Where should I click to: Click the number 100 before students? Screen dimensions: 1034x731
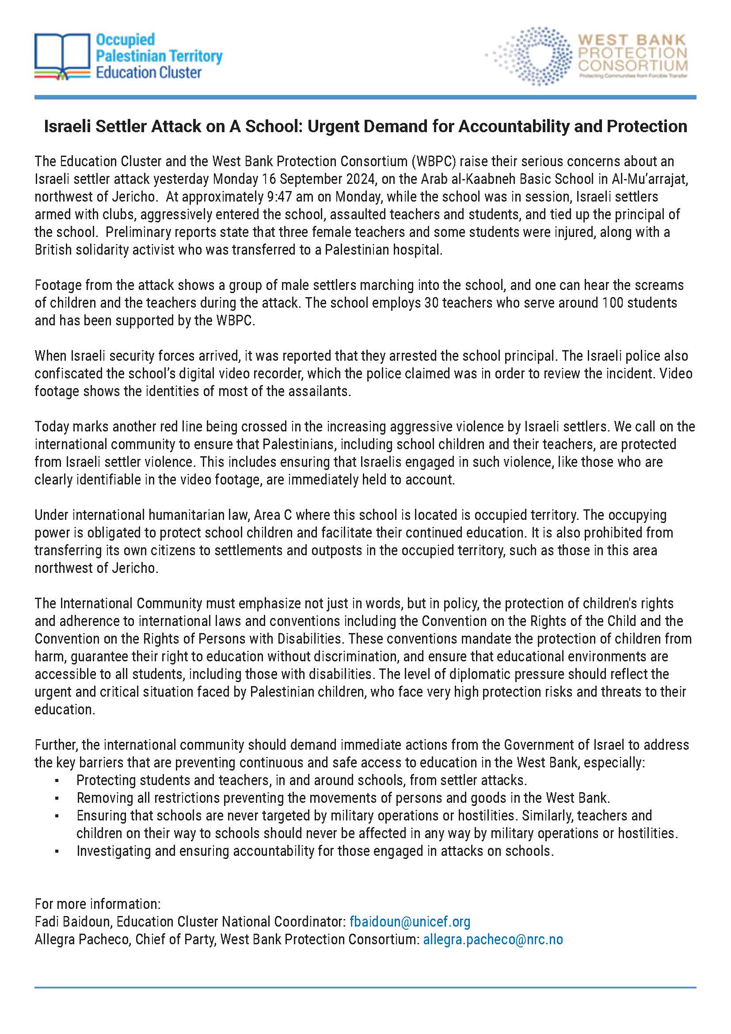[x=612, y=303]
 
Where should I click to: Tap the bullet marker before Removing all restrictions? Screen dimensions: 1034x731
[x=57, y=798]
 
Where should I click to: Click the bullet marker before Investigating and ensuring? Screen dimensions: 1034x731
[x=57, y=851]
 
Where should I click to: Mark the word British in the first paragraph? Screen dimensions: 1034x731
[x=53, y=250]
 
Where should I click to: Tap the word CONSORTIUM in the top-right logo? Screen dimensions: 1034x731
[x=632, y=66]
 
